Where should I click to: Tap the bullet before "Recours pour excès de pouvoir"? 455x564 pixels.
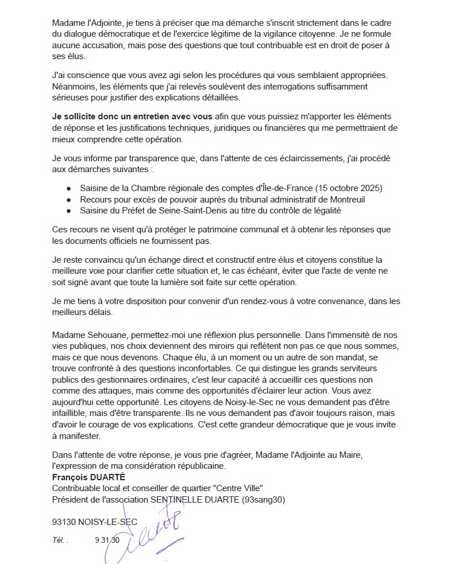coord(69,200)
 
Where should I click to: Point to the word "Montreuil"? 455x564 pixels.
coord(345,200)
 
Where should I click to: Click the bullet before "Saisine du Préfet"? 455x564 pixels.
coord(69,211)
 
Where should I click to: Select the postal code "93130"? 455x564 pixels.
coord(64,522)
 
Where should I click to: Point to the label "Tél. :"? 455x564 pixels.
coord(60,540)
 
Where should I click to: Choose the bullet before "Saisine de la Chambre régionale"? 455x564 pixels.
coord(69,188)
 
